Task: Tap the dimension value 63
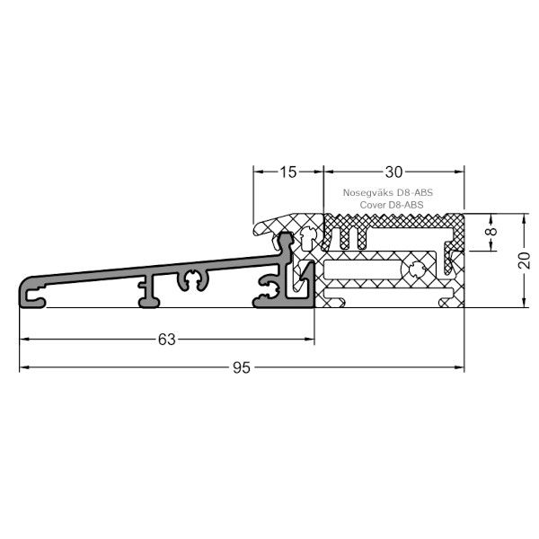coord(166,339)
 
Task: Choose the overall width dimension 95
coord(241,367)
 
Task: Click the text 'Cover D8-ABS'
coord(392,205)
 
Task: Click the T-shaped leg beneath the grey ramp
coord(144,292)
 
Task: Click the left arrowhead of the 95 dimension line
coord(24,367)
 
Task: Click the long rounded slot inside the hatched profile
coord(364,269)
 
